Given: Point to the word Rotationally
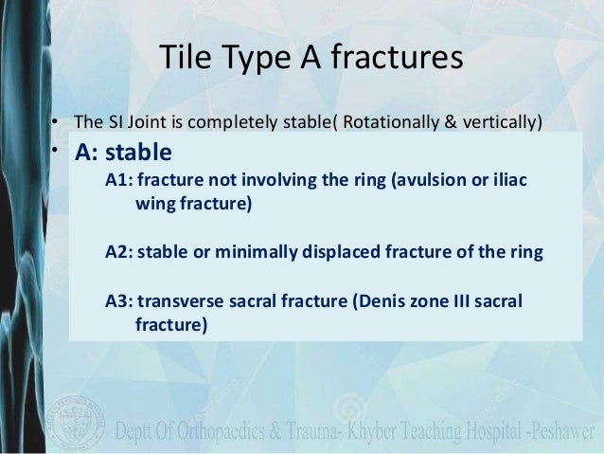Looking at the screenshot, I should (394, 122).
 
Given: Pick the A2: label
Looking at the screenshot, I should (119, 251).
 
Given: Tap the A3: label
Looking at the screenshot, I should (119, 301).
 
